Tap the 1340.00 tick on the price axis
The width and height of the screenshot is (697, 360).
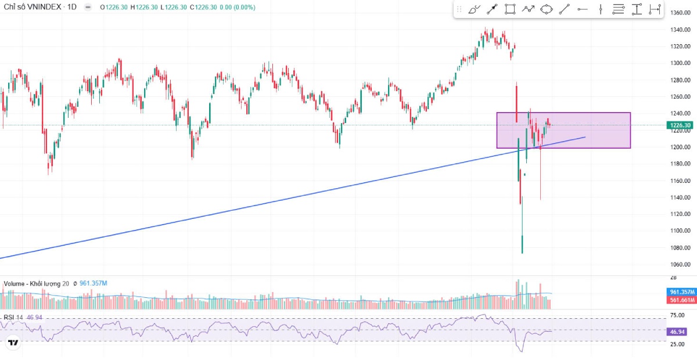(x=680, y=30)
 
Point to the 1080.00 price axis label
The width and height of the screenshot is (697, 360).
(x=680, y=248)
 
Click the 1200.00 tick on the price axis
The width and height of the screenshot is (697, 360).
(x=680, y=147)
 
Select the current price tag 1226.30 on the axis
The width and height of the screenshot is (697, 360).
(x=680, y=125)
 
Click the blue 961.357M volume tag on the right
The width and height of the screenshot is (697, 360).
(x=680, y=291)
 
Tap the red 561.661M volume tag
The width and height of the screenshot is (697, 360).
(x=680, y=300)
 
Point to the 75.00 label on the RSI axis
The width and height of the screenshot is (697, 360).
(x=677, y=315)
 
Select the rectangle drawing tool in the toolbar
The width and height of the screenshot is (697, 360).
(x=510, y=9)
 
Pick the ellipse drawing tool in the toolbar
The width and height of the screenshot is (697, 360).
(x=546, y=9)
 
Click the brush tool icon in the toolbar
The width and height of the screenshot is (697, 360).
(x=474, y=9)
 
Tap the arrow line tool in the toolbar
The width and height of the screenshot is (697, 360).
(x=492, y=9)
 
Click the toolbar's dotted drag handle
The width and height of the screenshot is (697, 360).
(x=459, y=9)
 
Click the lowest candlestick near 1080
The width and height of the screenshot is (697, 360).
(x=522, y=244)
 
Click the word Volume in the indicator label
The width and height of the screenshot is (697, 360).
(x=14, y=283)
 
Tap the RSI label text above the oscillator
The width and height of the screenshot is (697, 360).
(x=9, y=317)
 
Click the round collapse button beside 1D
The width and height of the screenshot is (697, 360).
(x=88, y=7)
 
